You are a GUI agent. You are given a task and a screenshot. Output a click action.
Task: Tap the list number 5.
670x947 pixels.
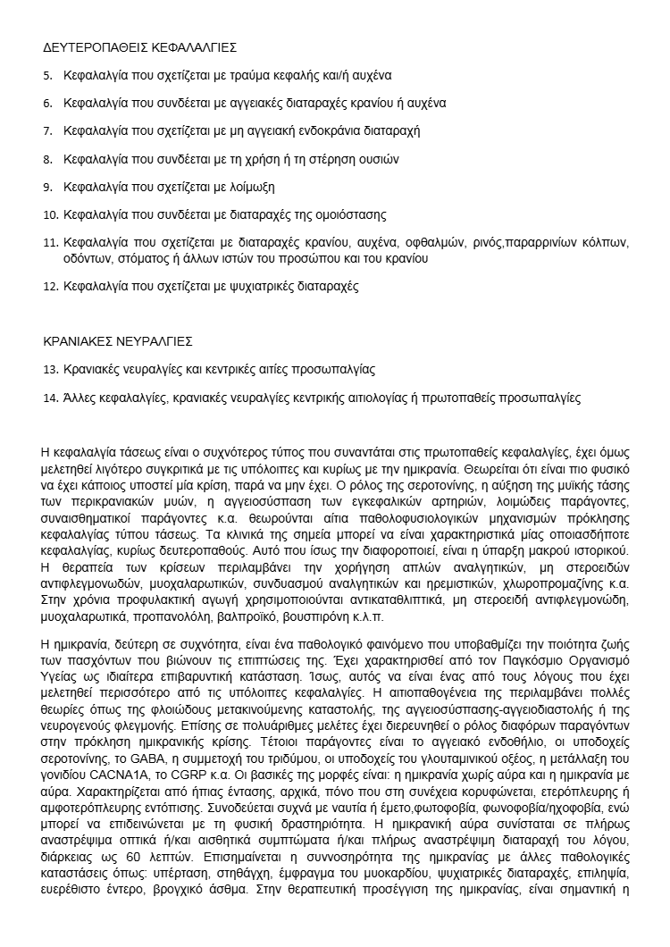pos(47,75)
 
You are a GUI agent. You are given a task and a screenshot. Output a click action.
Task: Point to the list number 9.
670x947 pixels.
pos(47,187)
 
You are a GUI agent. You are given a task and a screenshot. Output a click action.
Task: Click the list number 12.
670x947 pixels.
pos(50,287)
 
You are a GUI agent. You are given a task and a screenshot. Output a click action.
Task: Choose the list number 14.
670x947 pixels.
pos(50,397)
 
